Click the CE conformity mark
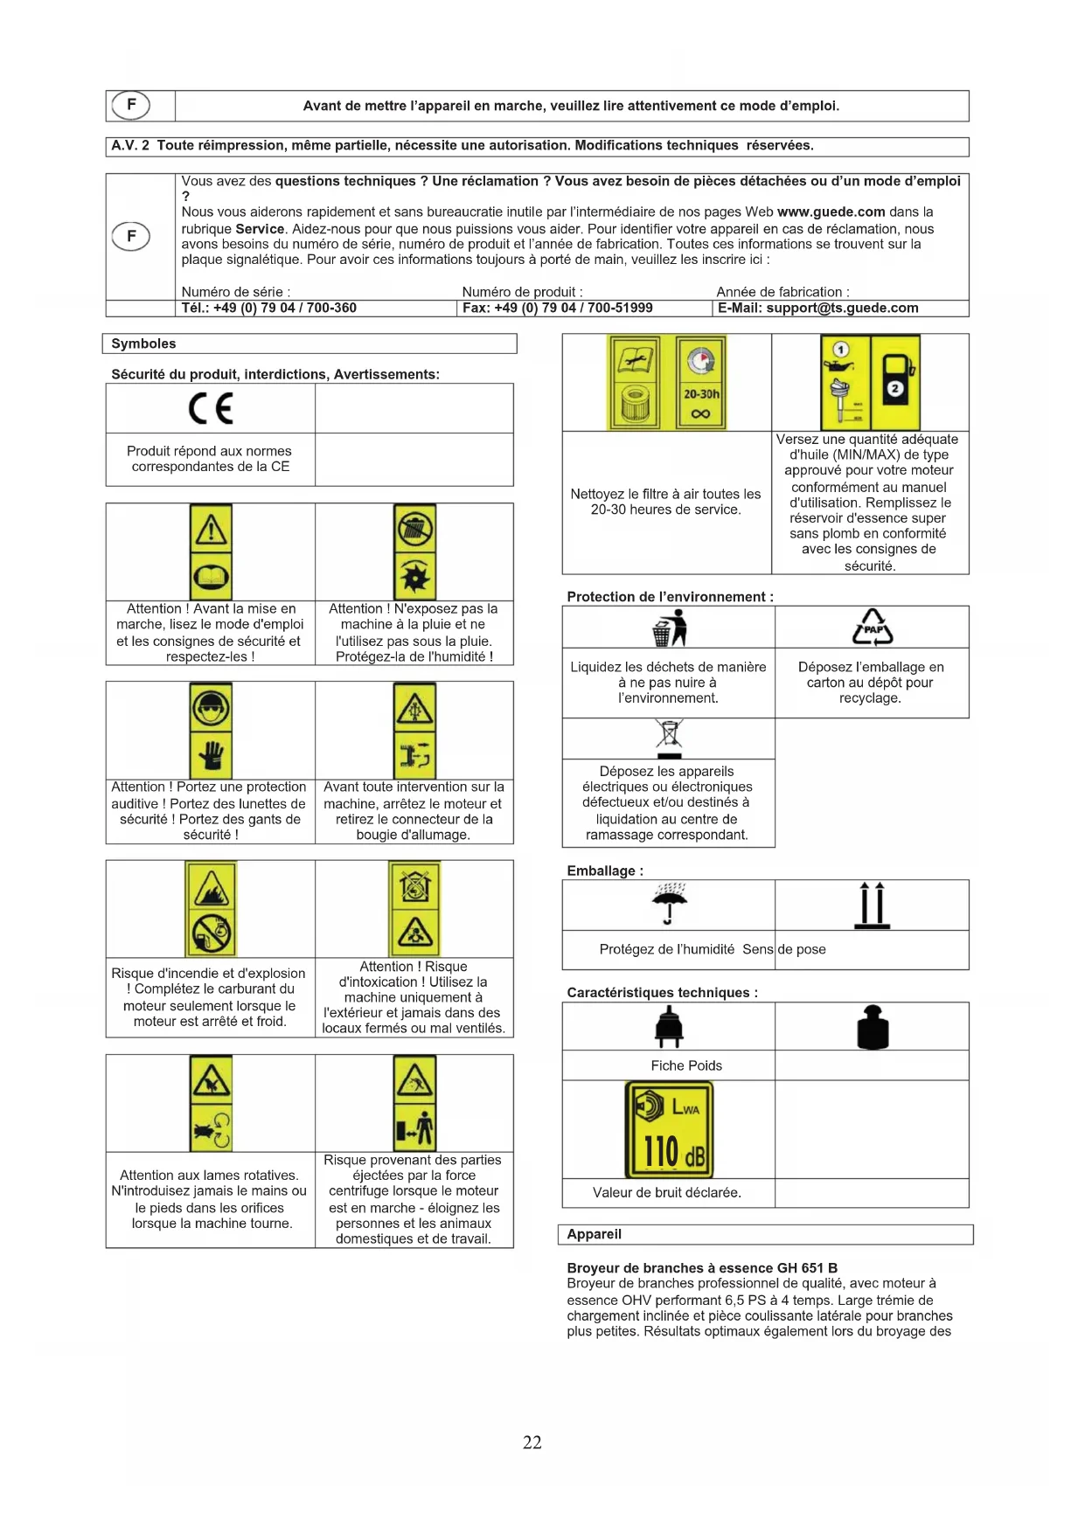point(211,408)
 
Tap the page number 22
point(532,1442)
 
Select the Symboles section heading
point(143,343)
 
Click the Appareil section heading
point(594,1234)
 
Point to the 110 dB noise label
point(669,1129)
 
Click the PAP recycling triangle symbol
point(873,627)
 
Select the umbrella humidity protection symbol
point(669,903)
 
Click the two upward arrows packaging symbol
point(872,905)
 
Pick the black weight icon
point(873,1026)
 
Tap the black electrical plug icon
point(669,1026)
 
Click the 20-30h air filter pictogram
point(666,383)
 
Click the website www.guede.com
point(831,212)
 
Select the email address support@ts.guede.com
point(817,308)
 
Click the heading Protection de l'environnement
point(670,597)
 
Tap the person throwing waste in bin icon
point(670,627)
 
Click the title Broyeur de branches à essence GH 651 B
point(702,1267)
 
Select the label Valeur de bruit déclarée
point(666,1192)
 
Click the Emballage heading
point(604,871)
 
